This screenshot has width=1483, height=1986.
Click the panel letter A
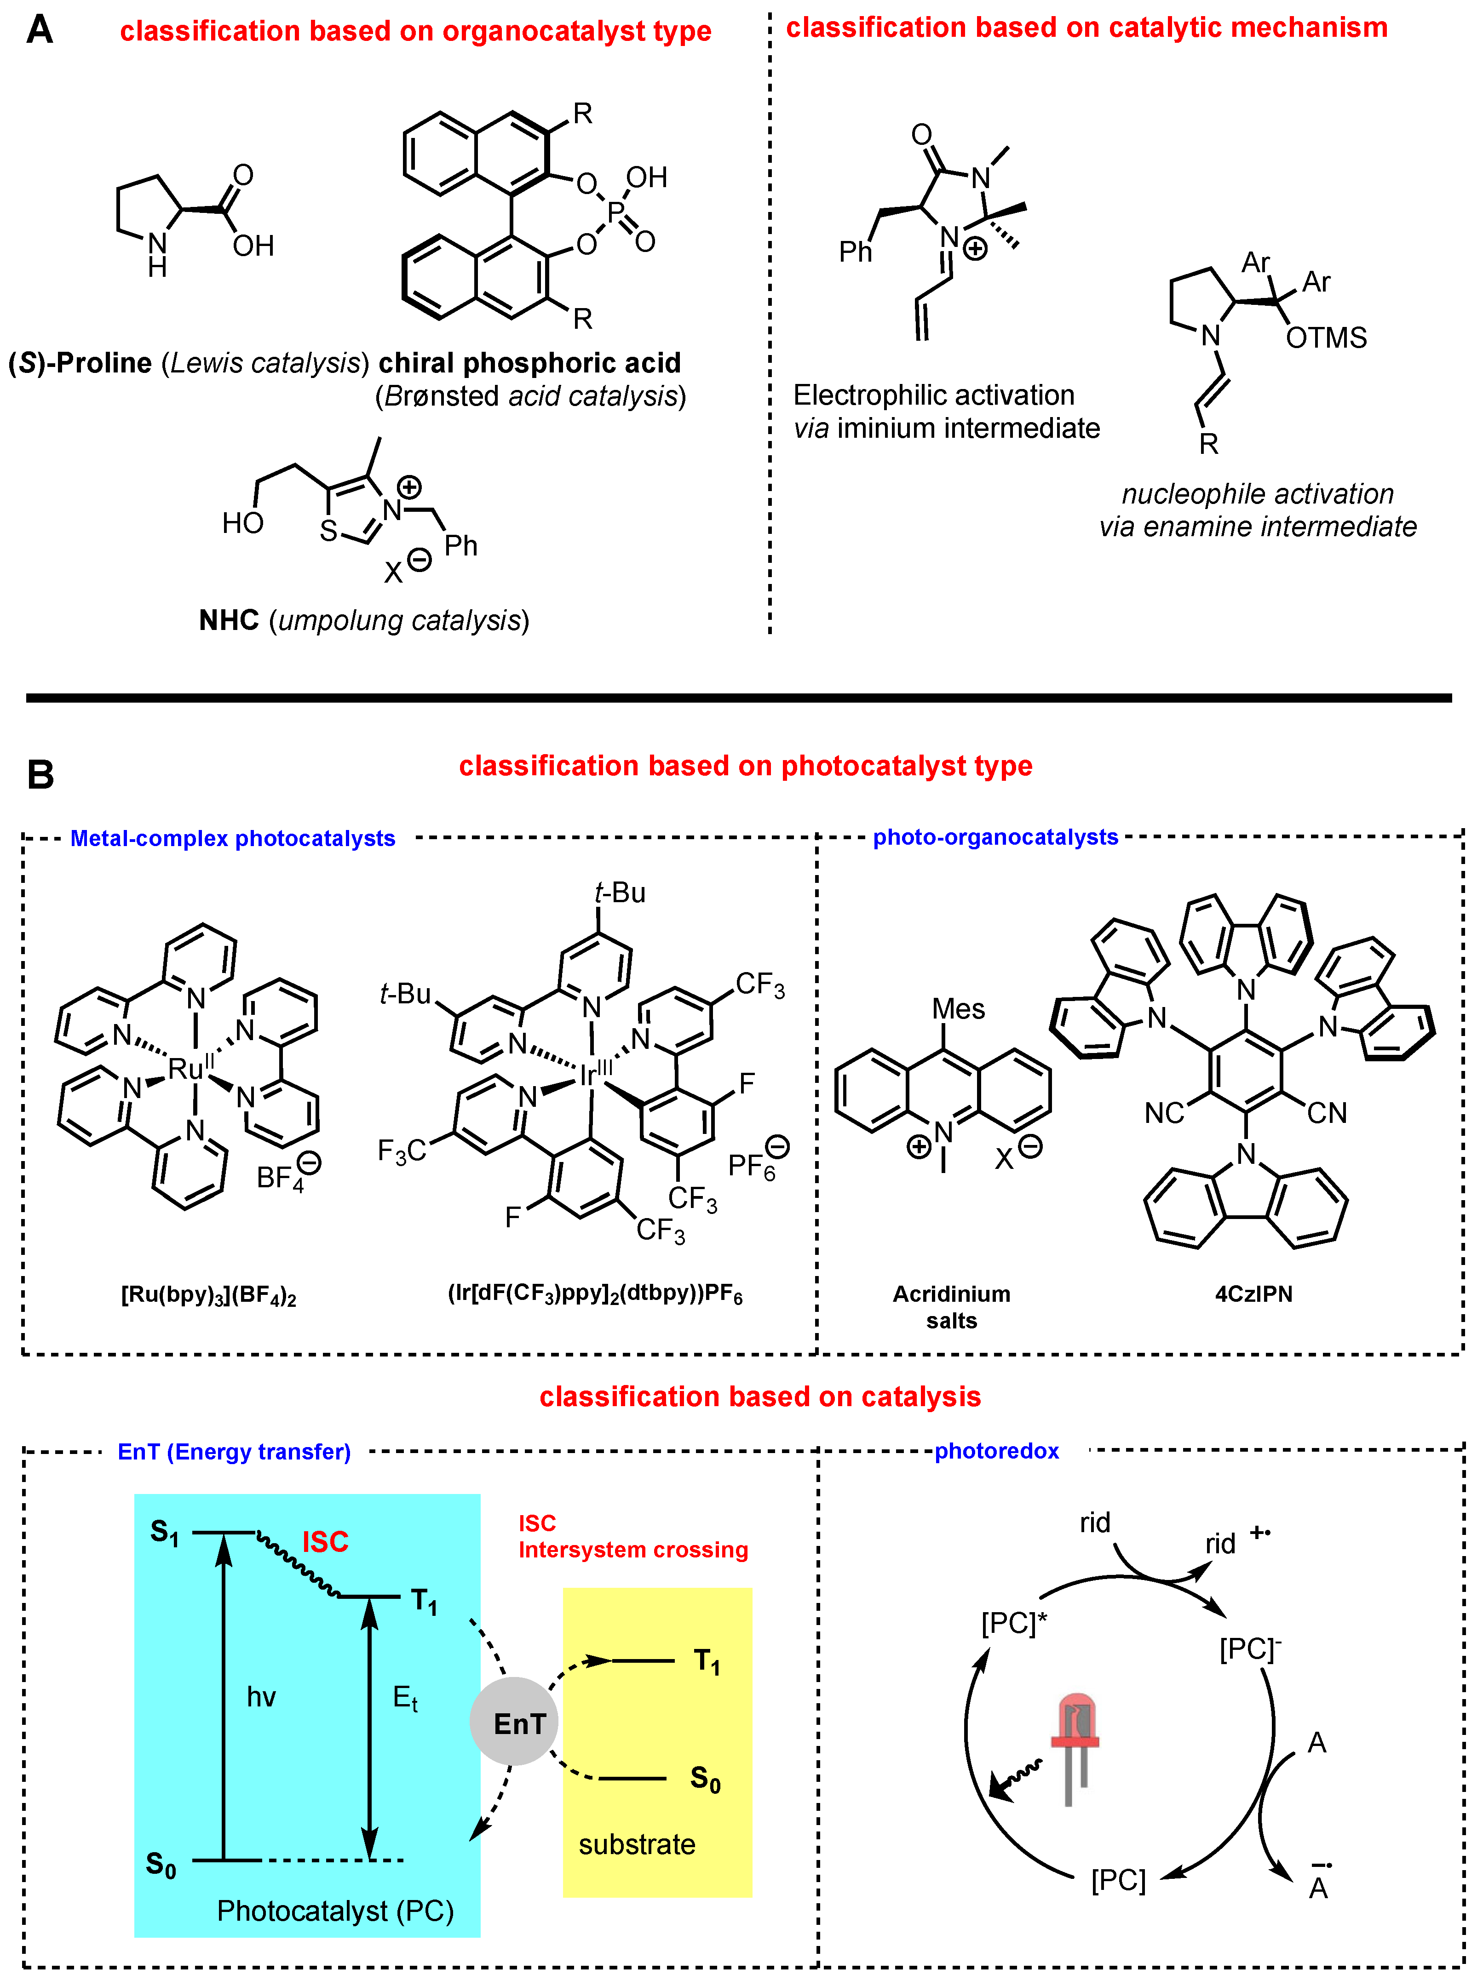(40, 29)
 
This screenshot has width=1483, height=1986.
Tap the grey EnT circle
(514, 1721)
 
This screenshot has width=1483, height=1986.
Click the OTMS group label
(1325, 338)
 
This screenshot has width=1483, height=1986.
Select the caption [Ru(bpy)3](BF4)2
(208, 1295)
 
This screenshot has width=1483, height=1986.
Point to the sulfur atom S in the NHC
(328, 531)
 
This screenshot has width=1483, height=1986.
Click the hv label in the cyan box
(261, 1696)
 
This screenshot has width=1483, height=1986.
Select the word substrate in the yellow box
(637, 1844)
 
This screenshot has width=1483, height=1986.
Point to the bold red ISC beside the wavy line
(325, 1542)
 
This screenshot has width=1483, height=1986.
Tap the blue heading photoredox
(996, 1451)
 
